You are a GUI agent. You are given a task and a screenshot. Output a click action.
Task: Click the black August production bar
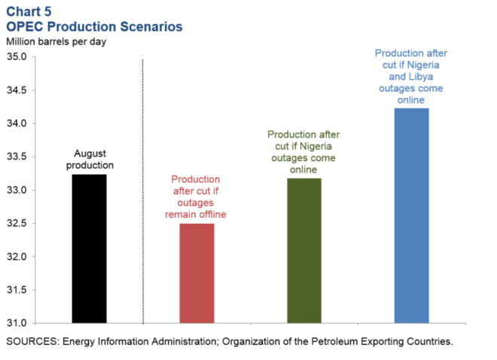(x=90, y=248)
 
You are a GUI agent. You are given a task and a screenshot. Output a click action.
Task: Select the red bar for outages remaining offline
(x=197, y=273)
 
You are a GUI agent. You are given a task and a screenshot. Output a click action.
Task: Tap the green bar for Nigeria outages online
(x=304, y=250)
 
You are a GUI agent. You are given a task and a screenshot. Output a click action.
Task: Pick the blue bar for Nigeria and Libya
(x=412, y=215)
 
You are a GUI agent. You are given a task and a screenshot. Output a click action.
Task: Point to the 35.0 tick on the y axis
(x=16, y=57)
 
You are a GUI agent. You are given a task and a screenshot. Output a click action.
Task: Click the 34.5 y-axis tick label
(x=16, y=90)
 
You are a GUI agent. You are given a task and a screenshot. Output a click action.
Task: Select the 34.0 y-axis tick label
(x=16, y=124)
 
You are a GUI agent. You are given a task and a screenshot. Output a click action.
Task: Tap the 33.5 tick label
(x=16, y=157)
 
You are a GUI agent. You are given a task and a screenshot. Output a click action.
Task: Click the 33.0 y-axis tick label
(x=16, y=190)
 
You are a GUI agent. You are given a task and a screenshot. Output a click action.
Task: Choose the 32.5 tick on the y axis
(x=16, y=224)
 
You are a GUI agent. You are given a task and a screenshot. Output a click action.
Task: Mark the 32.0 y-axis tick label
(x=16, y=257)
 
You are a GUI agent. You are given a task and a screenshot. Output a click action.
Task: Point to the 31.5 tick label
(x=16, y=290)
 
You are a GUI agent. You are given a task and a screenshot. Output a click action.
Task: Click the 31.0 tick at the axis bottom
(x=16, y=323)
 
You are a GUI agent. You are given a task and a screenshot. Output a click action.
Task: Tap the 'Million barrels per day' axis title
(x=56, y=41)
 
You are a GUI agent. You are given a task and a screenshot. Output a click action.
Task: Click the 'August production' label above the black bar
(x=90, y=160)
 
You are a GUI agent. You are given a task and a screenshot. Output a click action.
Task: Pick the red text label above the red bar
(x=196, y=197)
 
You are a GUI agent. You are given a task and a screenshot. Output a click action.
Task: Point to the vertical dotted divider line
(x=143, y=188)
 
